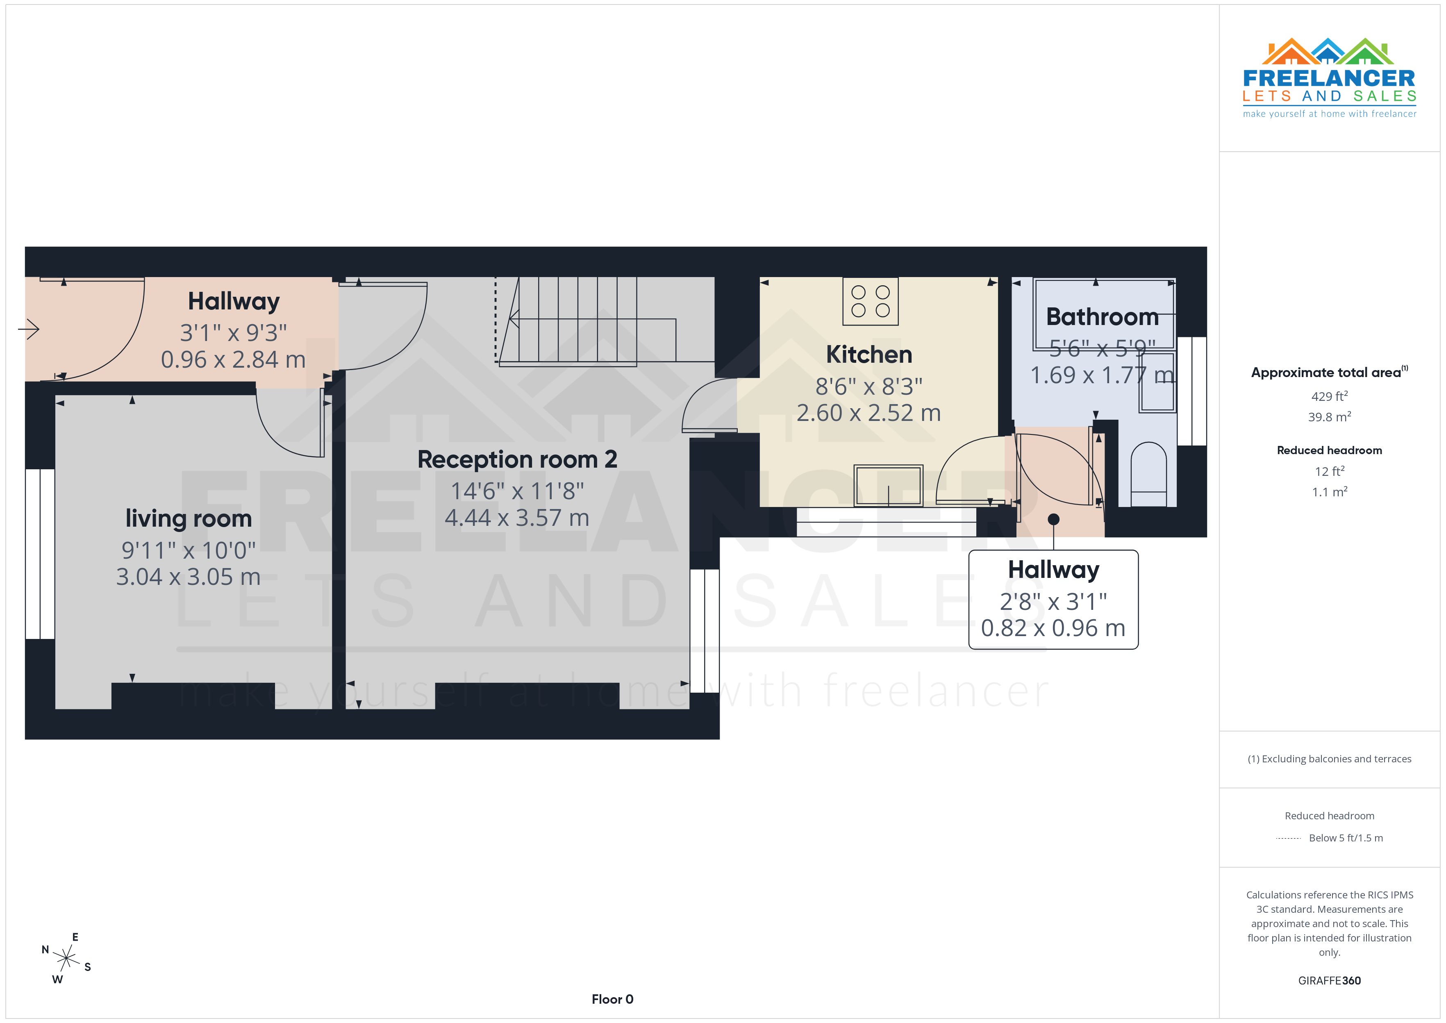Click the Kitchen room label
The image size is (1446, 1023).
click(x=869, y=355)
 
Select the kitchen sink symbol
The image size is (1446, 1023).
click(x=888, y=486)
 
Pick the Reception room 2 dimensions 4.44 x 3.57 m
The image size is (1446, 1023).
click(x=516, y=518)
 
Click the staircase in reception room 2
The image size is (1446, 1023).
click(x=586, y=321)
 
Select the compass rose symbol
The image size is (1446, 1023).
click(x=66, y=958)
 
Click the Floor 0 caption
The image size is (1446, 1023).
click(x=612, y=999)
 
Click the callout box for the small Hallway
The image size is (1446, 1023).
click(x=1053, y=599)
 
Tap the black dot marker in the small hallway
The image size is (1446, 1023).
click(x=1054, y=519)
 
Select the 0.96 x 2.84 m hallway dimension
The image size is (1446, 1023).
click(x=233, y=360)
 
